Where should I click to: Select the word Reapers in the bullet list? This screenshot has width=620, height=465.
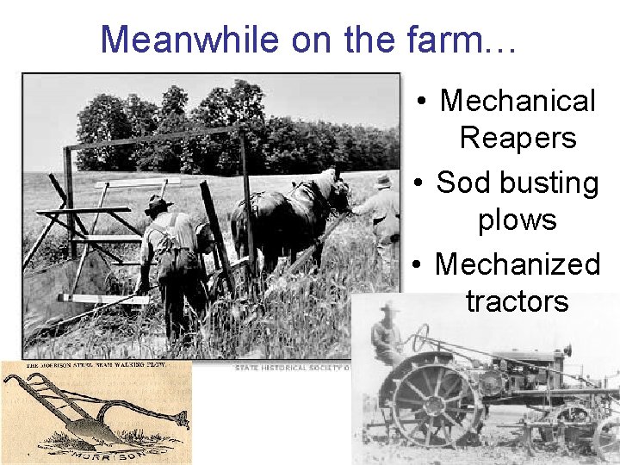click(518, 138)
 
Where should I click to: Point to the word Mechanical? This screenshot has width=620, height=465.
click(518, 101)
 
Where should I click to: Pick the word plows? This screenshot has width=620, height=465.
click(518, 220)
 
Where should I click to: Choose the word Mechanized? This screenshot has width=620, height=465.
click(518, 263)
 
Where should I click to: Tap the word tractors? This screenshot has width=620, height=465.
click(518, 301)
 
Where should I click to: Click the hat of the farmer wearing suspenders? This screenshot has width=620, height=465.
click(158, 203)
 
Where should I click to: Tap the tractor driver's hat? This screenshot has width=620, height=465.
click(390, 307)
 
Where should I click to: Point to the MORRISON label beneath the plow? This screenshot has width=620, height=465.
click(107, 455)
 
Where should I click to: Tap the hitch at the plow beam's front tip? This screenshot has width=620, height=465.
click(182, 420)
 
